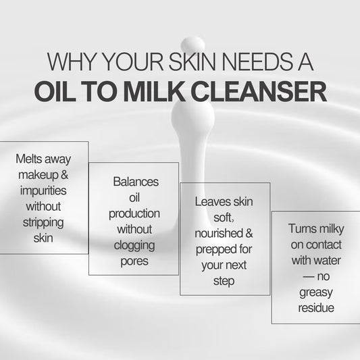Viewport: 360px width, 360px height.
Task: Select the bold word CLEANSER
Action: click(259, 91)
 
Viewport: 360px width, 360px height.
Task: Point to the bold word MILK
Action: click(154, 91)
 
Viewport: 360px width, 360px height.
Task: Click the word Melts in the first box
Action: click(29, 159)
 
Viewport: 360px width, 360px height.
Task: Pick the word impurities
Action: click(43, 190)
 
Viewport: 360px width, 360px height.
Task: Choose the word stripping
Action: click(43, 223)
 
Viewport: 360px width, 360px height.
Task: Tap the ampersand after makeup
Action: click(65, 174)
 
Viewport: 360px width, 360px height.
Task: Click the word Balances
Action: click(136, 182)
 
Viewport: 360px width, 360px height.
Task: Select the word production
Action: click(134, 214)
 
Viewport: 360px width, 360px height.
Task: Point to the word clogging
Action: click(134, 246)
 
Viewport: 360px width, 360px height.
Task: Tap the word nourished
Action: click(218, 233)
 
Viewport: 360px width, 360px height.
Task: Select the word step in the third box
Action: click(224, 282)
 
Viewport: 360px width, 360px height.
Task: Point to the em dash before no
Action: click(309, 276)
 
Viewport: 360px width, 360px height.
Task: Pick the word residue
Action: click(316, 308)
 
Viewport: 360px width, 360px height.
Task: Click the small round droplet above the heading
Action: click(192, 45)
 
